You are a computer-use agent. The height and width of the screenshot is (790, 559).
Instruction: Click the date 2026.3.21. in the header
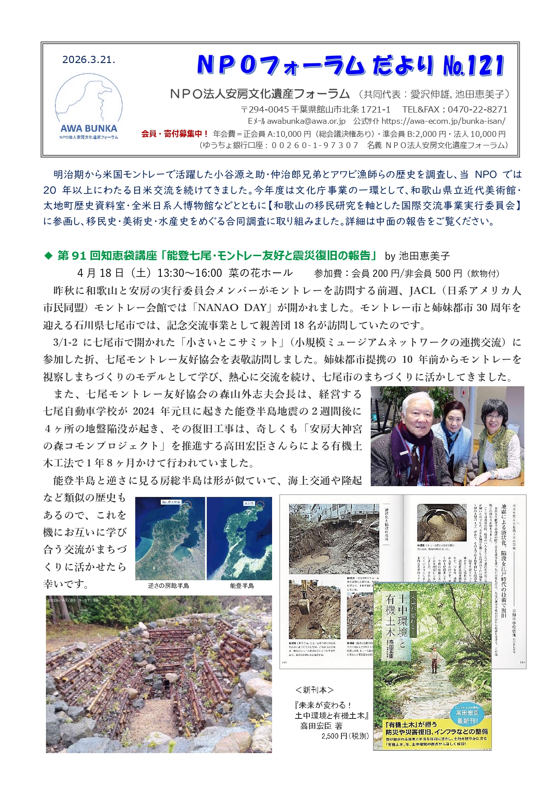[x=89, y=60]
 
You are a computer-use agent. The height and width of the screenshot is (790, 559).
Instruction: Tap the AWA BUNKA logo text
[x=89, y=128]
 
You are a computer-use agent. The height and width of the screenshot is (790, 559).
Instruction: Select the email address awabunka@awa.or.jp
[x=306, y=121]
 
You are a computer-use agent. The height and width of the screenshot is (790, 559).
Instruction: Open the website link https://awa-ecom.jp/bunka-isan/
[x=443, y=121]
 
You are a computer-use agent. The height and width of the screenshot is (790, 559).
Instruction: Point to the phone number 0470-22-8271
[x=479, y=109]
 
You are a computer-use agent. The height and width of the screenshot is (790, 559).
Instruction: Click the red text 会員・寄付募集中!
[x=175, y=134]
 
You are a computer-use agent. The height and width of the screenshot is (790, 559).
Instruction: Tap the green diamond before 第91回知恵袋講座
[x=48, y=256]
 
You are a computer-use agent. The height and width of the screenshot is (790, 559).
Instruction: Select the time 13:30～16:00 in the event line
[x=190, y=273]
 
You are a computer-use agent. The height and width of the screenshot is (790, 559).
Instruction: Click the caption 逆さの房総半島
[x=168, y=586]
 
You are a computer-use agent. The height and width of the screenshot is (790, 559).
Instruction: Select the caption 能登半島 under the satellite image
[x=241, y=586]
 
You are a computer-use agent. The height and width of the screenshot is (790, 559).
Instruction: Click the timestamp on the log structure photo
[x=73, y=600]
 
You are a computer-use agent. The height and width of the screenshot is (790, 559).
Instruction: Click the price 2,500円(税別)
[x=345, y=736]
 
